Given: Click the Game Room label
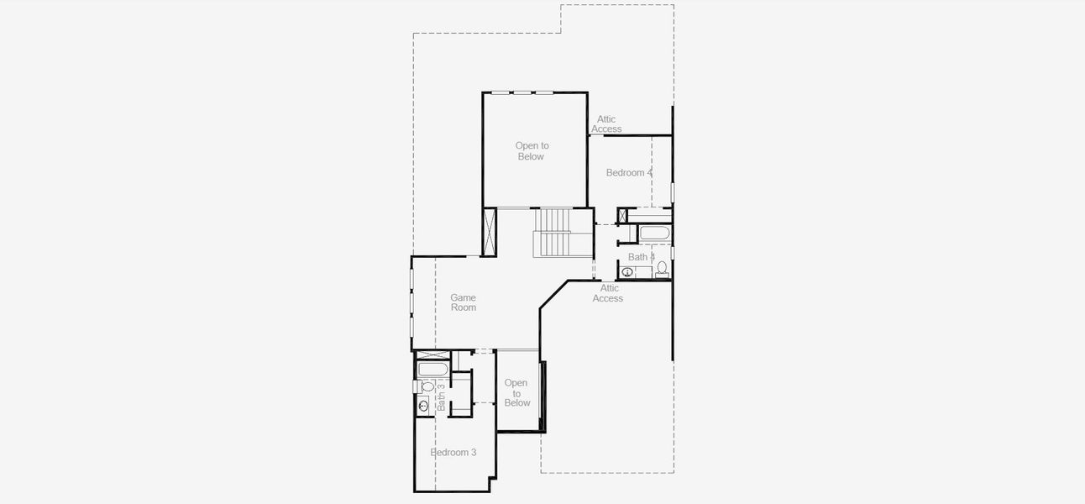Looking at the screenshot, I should coord(463,302).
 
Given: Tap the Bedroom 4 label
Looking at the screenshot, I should coord(629,173).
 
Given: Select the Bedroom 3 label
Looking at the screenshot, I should coord(453,453).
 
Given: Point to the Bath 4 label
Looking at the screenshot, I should coord(641,257).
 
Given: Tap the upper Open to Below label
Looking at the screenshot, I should coord(532,151).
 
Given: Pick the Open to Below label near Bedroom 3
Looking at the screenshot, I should coord(516,393).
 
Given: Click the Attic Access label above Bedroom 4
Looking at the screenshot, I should coord(606,124).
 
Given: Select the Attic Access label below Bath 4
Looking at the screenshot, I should coord(608,293).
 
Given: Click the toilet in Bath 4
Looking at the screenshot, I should coord(662,269).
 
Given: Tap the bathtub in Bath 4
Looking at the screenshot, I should coord(654,234).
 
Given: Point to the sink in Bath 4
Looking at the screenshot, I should coord(627,272).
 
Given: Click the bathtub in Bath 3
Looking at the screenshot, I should coord(432,370).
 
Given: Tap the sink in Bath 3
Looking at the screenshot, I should coord(424,406).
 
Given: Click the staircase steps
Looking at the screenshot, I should coord(552,233).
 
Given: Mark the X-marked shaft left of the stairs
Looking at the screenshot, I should coord(490,231).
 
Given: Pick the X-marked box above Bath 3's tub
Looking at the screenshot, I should coord(432,355).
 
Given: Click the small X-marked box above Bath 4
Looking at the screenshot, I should coord(622,216).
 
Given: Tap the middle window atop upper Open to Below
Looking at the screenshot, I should coord(522,92).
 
